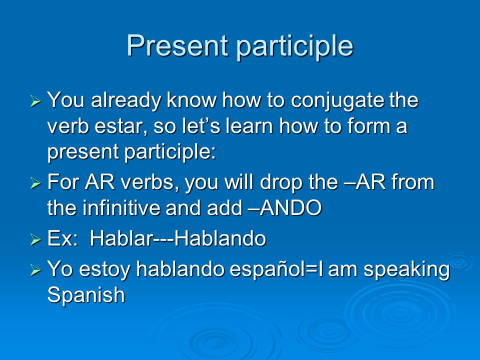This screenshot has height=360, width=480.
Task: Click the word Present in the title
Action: tap(177, 45)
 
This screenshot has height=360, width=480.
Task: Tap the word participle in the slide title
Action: tap(294, 47)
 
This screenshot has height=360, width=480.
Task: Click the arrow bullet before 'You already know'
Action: tap(36, 100)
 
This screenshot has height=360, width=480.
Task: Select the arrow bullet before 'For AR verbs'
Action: tap(36, 183)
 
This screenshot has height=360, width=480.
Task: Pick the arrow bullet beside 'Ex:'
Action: tap(36, 239)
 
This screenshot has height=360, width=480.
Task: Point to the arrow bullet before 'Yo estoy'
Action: tap(36, 270)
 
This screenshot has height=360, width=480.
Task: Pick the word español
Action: tap(266, 269)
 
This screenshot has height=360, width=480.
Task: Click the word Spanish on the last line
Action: tap(86, 295)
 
